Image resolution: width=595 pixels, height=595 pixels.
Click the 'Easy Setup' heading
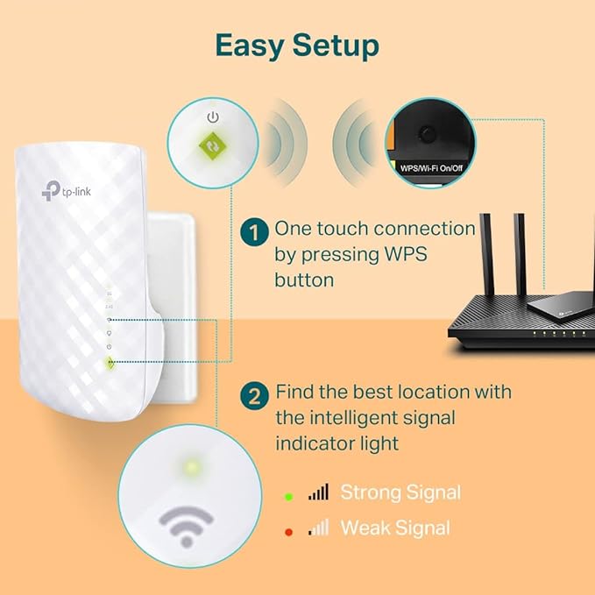coord(297,45)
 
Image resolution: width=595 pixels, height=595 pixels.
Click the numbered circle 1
coord(254,233)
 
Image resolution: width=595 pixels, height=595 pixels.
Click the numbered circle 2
coord(254,395)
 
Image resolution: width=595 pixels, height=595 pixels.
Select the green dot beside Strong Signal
coord(288,495)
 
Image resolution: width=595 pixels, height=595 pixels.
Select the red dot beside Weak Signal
coord(288,528)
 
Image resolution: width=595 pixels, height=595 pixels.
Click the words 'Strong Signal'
coord(400,492)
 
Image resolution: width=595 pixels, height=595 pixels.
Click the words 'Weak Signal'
coord(394,528)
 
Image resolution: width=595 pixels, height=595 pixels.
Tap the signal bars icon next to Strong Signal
coord(318,493)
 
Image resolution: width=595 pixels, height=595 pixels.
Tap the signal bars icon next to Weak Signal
coord(318,528)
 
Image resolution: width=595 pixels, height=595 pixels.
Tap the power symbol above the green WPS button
coord(211,116)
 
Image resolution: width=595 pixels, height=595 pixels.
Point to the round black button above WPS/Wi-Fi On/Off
coord(427,134)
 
